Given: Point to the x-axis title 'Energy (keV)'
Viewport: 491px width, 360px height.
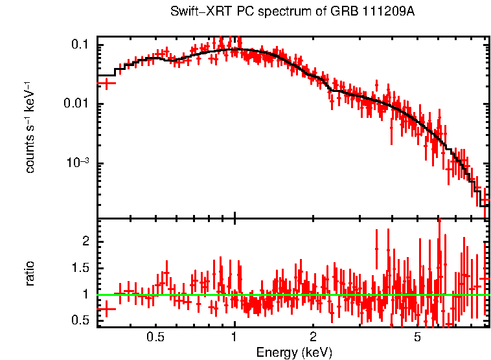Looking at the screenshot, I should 294,352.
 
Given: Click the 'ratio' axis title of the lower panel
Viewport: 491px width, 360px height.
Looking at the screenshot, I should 30,274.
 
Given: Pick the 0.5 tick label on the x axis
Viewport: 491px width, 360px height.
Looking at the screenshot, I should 155,337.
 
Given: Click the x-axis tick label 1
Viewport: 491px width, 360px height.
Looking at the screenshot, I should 234,337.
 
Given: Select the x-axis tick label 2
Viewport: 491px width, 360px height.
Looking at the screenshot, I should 313,337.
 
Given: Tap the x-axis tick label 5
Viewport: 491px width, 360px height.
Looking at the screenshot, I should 417,337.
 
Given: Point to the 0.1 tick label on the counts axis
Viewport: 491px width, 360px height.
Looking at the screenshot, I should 80,45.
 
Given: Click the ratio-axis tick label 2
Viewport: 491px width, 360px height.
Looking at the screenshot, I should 84,241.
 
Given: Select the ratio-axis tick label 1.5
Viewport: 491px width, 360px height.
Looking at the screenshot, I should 80,267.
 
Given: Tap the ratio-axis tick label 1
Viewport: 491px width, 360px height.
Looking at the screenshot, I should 84,295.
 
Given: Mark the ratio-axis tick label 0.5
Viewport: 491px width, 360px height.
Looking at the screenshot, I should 80,321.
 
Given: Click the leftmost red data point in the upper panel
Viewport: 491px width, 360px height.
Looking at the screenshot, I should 106,83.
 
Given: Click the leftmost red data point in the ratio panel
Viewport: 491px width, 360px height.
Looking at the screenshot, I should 106,309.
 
